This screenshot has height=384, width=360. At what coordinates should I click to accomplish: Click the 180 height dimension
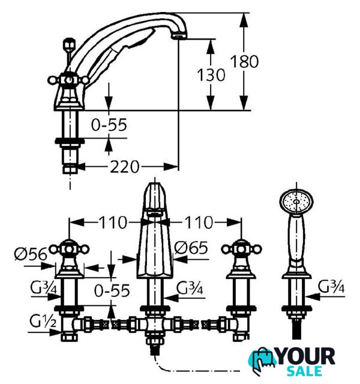[x=244, y=61]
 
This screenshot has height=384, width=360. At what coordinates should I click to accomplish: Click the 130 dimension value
[x=211, y=74]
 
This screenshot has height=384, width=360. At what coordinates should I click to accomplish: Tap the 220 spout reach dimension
[x=124, y=167]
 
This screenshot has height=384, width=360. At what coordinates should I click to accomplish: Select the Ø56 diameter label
[x=31, y=254]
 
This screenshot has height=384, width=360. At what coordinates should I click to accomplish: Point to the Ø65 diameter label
[x=191, y=248]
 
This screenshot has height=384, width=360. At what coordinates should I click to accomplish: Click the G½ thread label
[x=43, y=321]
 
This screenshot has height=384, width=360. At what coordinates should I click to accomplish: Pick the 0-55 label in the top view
[x=109, y=125]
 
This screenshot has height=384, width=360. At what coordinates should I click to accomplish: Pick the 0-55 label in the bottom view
[x=112, y=290]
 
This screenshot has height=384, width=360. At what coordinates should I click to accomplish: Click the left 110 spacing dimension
[x=113, y=223]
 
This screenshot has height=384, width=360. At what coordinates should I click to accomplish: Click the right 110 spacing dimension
[x=199, y=223]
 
